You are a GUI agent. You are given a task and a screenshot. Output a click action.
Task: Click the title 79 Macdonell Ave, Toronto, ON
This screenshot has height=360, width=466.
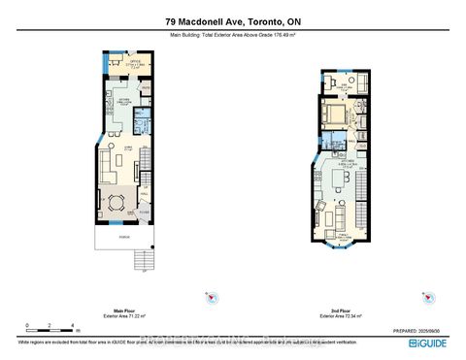pyautogui.click(x=232, y=20)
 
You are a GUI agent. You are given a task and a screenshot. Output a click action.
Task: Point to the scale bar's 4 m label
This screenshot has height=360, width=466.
pyautogui.click(x=74, y=325)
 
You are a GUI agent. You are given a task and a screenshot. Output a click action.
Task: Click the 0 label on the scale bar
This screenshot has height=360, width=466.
pyautogui.click(x=26, y=325)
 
